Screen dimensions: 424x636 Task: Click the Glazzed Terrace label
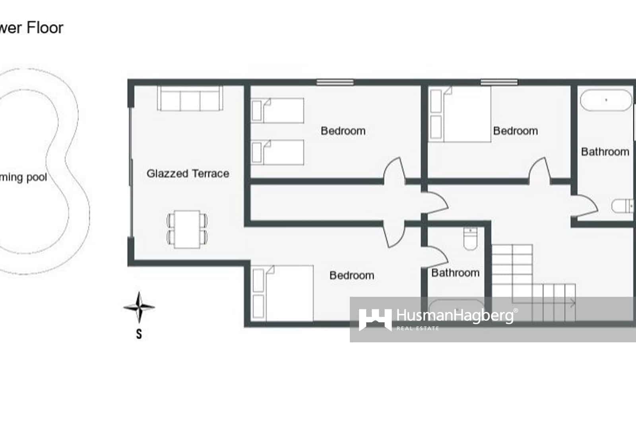pos(188,173)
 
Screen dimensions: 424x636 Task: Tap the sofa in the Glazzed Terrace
pos(190,99)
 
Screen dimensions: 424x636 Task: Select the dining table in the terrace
pos(187,230)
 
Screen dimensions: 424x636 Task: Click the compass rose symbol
pos(139,307)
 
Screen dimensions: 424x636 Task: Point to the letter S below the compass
pos(139,333)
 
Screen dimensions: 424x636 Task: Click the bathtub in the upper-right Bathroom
pos(606,100)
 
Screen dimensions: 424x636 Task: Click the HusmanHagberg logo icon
pos(375,319)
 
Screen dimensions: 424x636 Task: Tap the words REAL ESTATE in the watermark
pos(418,328)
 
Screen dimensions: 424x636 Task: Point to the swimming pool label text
pos(23,177)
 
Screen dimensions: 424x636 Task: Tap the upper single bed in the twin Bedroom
pos(277,110)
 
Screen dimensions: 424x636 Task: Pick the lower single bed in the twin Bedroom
pos(277,152)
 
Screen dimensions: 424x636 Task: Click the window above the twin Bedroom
pos(335,82)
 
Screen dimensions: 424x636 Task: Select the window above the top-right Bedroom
pos(499,82)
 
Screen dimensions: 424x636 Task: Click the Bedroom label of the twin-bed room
pos(343,131)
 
